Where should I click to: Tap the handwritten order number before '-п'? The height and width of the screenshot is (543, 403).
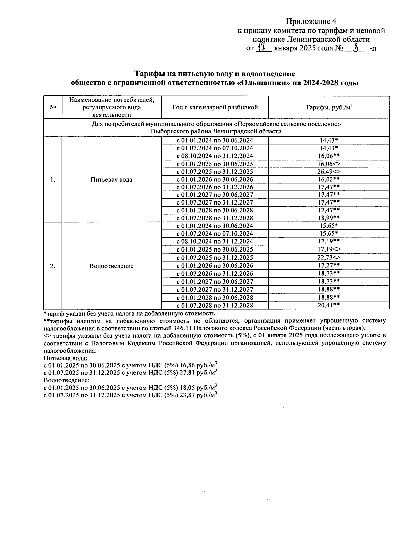tap(357, 48)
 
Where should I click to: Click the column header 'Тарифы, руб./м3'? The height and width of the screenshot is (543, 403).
tap(329, 107)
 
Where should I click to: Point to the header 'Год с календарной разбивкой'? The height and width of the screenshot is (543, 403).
tap(215, 107)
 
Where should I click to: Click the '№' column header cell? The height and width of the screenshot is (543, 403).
tap(53, 107)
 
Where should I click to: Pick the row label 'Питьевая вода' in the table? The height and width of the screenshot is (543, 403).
tap(111, 180)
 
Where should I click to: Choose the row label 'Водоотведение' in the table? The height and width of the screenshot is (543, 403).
tap(111, 266)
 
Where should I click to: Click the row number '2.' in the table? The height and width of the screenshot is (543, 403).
tap(53, 266)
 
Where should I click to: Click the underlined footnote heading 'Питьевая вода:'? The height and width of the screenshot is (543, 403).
tap(65, 358)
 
